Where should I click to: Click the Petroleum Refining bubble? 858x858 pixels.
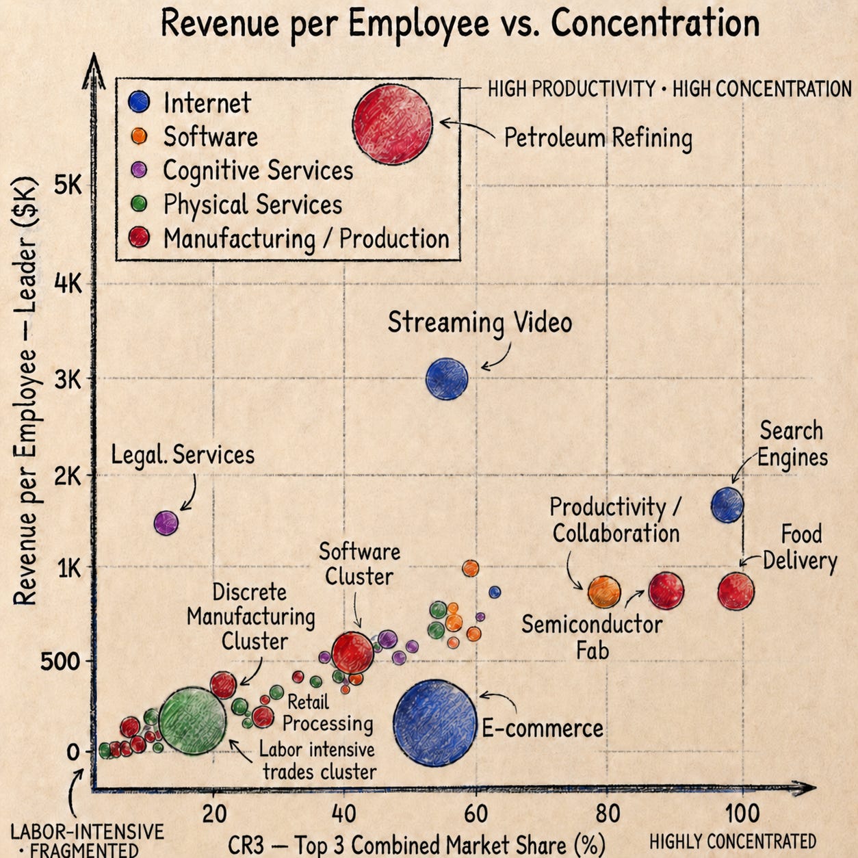click(392, 125)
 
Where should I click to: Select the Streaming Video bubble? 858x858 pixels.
click(447, 379)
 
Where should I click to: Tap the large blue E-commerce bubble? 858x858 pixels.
click(435, 723)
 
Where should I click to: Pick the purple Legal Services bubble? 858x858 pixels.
click(166, 523)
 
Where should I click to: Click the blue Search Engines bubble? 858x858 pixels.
click(727, 504)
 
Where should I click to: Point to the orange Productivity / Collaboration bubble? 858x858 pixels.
click(604, 592)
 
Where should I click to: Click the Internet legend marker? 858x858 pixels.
click(139, 102)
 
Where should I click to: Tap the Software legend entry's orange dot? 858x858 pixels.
click(139, 135)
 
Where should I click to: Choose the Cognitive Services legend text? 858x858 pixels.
click(258, 170)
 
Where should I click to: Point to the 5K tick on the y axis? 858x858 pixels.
click(68, 185)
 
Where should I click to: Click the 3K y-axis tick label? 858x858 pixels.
click(68, 380)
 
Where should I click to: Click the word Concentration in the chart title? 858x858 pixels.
click(655, 24)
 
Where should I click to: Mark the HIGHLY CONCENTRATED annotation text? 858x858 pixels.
click(733, 842)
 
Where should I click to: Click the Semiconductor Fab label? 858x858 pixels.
click(592, 638)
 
